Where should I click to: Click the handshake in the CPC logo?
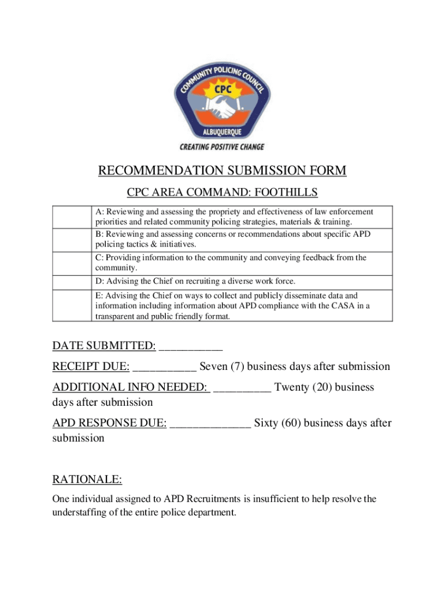pos(222,107)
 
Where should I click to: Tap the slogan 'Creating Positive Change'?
pos(222,147)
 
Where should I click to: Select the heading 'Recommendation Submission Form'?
pos(222,171)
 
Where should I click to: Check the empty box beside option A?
pos(72,217)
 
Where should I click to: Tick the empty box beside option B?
pos(72,240)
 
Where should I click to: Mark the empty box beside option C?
pos(72,263)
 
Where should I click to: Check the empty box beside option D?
pos(72,281)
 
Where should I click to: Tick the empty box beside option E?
pos(72,305)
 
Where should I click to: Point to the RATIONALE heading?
pos(87,480)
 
